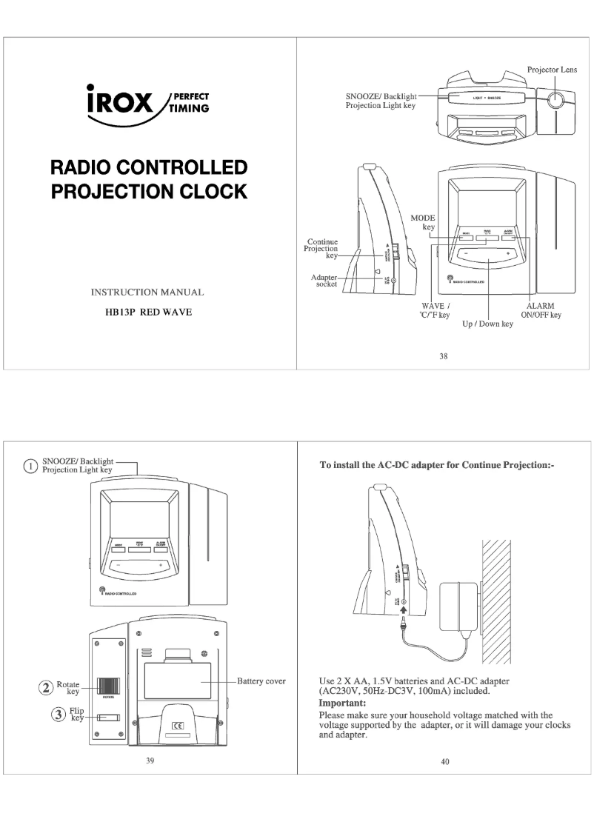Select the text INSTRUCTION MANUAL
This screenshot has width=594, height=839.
147,293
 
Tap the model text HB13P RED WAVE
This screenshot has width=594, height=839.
147,312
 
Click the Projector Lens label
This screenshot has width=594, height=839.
552,70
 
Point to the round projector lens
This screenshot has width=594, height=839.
558,99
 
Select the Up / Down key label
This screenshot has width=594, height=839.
487,324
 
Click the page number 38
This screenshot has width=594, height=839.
444,355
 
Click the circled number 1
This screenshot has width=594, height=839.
30,467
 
